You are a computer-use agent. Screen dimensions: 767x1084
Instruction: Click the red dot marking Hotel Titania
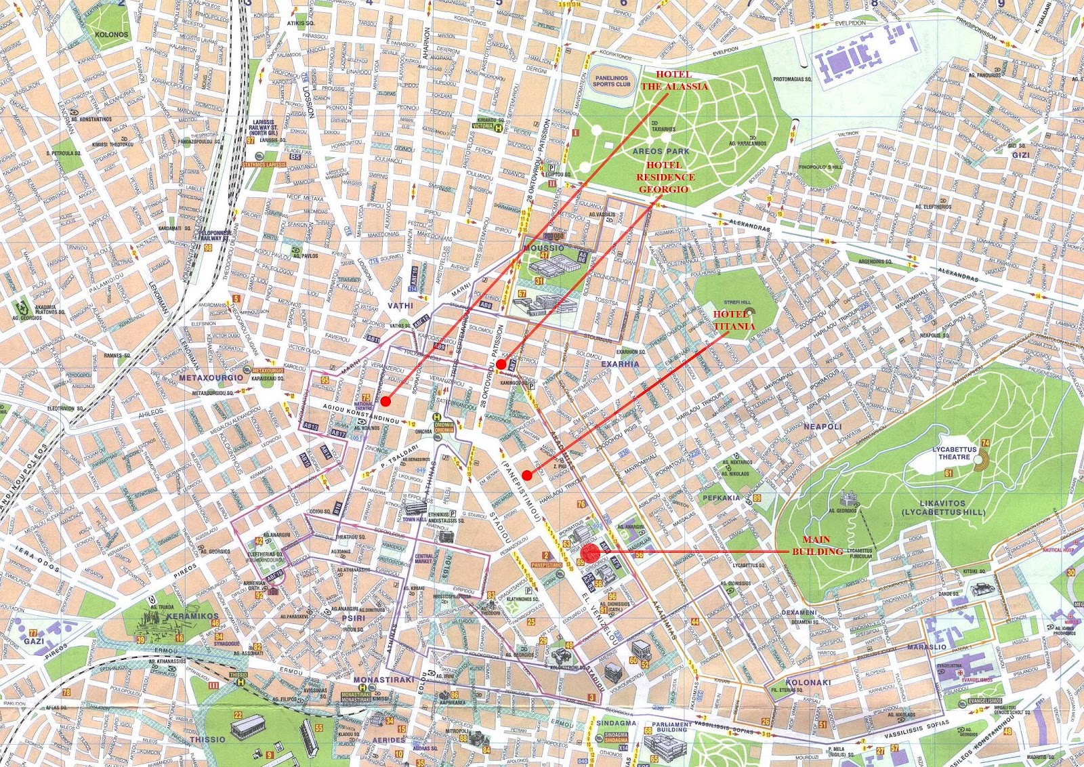pyautogui.click(x=527, y=476)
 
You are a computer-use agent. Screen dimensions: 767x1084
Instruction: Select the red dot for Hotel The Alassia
pyautogui.click(x=385, y=401)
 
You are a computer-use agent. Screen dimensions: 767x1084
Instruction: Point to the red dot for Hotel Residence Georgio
pyautogui.click(x=500, y=365)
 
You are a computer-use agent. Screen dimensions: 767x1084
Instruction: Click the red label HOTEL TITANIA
pyautogui.click(x=733, y=320)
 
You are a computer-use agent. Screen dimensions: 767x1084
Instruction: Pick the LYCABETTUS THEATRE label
pyautogui.click(x=954, y=453)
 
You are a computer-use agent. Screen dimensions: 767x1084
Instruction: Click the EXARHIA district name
pyautogui.click(x=620, y=364)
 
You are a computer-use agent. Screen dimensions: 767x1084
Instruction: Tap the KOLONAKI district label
pyautogui.click(x=808, y=682)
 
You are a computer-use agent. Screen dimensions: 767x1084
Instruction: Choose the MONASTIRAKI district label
pyautogui.click(x=379, y=679)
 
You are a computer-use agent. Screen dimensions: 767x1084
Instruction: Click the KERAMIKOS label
pyautogui.click(x=196, y=616)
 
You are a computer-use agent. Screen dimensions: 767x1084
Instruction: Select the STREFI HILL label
pyautogui.click(x=736, y=302)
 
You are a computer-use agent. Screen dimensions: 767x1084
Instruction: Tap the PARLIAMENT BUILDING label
pyautogui.click(x=671, y=727)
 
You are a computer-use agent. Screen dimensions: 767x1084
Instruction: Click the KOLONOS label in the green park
pyautogui.click(x=112, y=34)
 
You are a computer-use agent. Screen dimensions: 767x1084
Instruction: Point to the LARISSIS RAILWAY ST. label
pyautogui.click(x=264, y=127)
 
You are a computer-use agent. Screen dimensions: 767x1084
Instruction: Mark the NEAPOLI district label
pyautogui.click(x=822, y=426)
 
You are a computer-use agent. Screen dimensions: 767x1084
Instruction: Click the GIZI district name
pyautogui.click(x=1020, y=154)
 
